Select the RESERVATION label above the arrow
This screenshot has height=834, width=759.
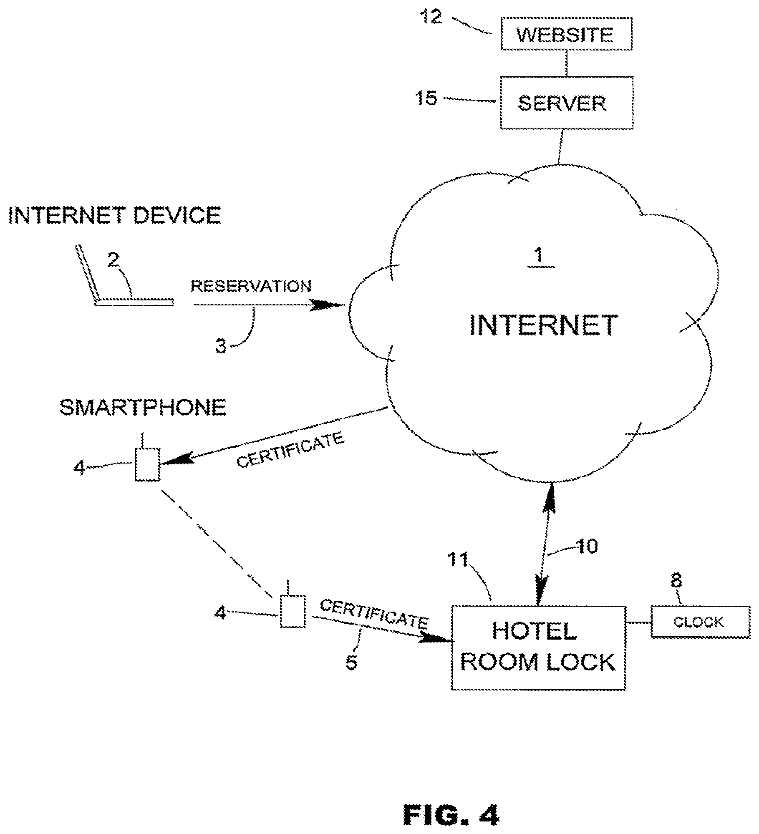(x=251, y=286)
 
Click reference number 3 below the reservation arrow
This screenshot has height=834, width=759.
(x=221, y=346)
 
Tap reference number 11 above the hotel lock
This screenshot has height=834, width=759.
(x=458, y=559)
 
